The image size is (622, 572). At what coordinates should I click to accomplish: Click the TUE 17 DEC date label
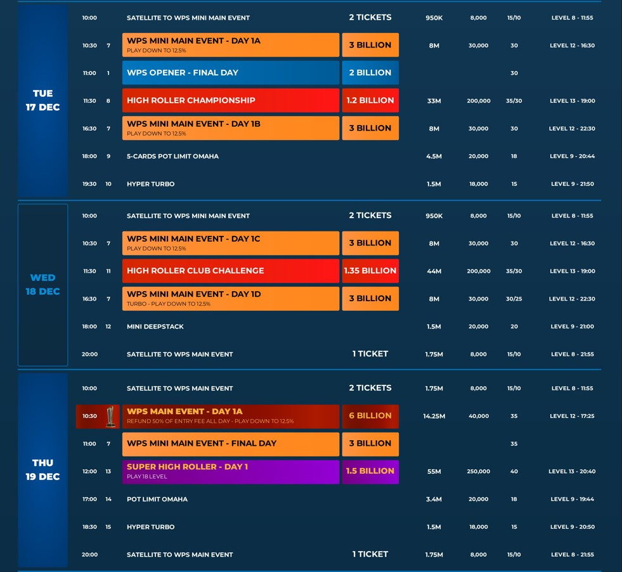[x=42, y=100]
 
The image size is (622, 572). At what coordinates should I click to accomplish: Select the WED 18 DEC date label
[x=42, y=285]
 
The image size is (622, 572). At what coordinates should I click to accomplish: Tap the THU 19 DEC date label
[x=42, y=470]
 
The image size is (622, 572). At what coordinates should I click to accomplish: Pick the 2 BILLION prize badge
[x=370, y=73]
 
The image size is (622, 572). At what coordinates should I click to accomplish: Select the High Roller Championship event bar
[x=230, y=100]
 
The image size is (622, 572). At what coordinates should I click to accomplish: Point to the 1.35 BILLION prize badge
[x=370, y=271]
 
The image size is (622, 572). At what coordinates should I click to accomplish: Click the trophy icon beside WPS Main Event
[x=111, y=416]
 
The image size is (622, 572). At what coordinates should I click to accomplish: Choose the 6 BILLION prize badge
[x=370, y=416]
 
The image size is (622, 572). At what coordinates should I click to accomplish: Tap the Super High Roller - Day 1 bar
[x=230, y=471]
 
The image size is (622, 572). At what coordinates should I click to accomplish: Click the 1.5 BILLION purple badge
[x=370, y=471]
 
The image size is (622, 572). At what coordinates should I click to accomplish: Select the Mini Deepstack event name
[x=155, y=327]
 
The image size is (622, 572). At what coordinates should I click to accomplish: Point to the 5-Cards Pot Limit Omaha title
[x=172, y=156]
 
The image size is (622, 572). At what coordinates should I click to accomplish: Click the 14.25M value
[x=434, y=417]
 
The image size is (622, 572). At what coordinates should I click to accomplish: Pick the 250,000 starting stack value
[x=478, y=472]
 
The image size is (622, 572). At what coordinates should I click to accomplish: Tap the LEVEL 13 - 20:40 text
[x=572, y=472]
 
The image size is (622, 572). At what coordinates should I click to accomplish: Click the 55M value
[x=434, y=472]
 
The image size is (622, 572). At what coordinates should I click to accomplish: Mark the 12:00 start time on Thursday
[x=89, y=472]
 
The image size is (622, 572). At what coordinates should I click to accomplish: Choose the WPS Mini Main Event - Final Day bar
[x=230, y=444]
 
